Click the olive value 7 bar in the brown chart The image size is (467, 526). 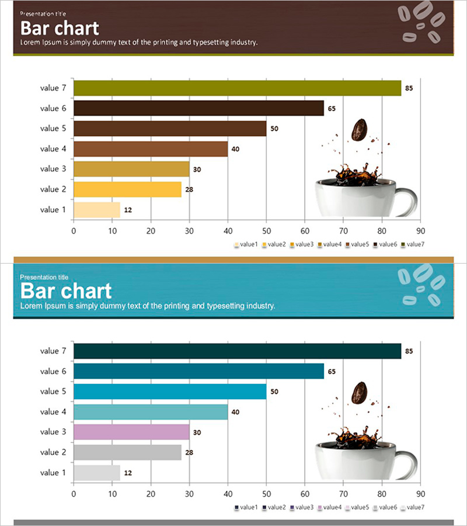(x=237, y=88)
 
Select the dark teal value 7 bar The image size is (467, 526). (x=237, y=351)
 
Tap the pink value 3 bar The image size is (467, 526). (x=131, y=432)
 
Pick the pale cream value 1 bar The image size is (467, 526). (x=97, y=210)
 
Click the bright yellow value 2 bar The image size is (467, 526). (x=127, y=189)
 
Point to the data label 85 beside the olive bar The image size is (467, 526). (x=409, y=88)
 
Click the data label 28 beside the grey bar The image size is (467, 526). (x=189, y=452)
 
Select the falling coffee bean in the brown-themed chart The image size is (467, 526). (x=359, y=130)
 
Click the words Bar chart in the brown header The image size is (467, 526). (x=60, y=29)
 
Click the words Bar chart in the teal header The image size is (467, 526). (x=65, y=291)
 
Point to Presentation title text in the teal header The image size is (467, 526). (x=44, y=277)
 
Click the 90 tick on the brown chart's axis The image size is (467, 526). (x=420, y=231)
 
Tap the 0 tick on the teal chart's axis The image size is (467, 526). (x=74, y=494)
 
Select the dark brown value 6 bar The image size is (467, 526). (x=198, y=109)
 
